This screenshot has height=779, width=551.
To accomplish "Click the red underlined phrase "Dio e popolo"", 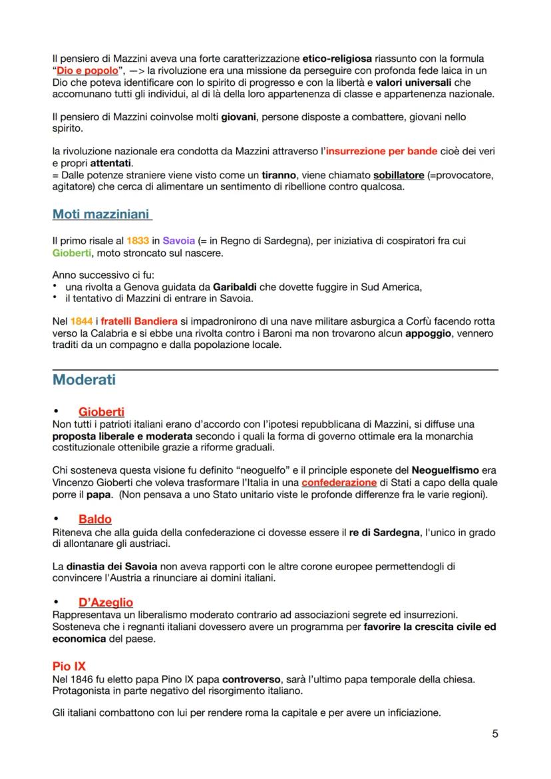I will (x=89, y=71).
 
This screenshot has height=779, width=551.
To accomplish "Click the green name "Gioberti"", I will (x=73, y=252).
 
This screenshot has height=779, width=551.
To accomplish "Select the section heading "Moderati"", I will (x=84, y=380).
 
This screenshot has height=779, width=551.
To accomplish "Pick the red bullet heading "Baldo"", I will (x=94, y=519).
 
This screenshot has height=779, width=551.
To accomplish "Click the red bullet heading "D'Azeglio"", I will (x=105, y=602).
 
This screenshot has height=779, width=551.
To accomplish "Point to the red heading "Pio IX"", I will (x=69, y=665).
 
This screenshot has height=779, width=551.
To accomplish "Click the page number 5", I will (x=494, y=734).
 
